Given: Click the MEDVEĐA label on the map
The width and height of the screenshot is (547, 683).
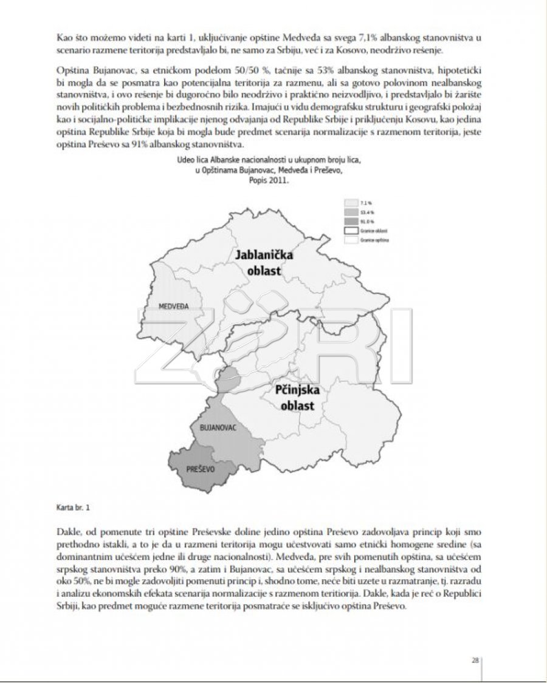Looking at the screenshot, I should click(x=172, y=306).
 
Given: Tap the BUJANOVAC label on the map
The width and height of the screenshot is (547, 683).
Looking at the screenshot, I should click(x=218, y=428).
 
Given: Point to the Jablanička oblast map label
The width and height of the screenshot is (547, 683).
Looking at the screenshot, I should click(x=264, y=262).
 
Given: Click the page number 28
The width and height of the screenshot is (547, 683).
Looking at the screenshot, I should click(x=475, y=661).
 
